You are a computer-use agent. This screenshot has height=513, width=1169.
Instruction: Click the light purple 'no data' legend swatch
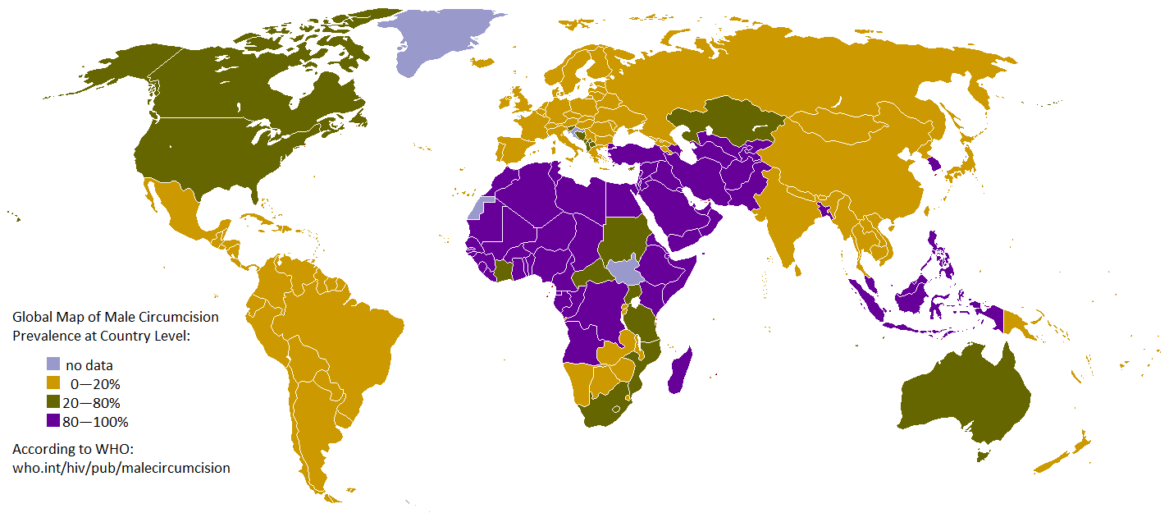point(53,364)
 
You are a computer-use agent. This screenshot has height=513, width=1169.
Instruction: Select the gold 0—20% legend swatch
point(53,383)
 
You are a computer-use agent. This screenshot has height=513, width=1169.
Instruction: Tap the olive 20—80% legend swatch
point(53,402)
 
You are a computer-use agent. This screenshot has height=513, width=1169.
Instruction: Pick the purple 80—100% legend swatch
point(53,421)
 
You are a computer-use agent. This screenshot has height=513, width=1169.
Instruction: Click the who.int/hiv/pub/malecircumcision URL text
point(121,468)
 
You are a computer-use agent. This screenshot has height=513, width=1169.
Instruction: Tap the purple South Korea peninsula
point(933,168)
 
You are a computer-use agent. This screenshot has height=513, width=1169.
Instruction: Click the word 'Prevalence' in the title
point(45,336)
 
